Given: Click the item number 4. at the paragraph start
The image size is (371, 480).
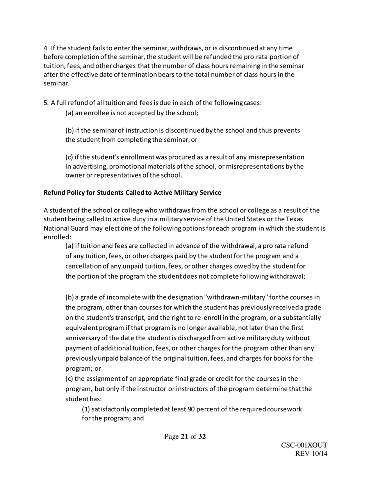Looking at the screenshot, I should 46,48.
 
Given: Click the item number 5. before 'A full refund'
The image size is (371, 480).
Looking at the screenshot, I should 46,103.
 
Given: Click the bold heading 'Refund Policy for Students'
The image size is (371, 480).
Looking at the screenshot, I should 86,193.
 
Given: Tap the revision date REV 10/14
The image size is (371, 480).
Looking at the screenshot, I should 311,454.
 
